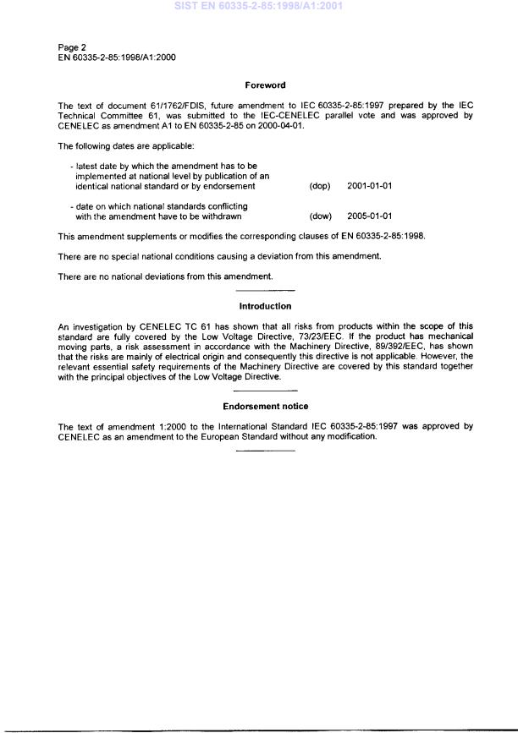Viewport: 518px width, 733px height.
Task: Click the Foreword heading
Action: [x=265, y=85]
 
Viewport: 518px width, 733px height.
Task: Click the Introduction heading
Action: [x=265, y=306]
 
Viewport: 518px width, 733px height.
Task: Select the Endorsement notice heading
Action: [x=265, y=407]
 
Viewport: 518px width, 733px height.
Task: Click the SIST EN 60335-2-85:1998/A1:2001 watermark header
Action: [x=258, y=6]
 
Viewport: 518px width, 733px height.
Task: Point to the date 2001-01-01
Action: [x=370, y=186]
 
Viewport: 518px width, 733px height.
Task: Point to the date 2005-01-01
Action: [x=370, y=216]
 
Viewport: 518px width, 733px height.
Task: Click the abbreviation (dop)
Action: [x=320, y=186]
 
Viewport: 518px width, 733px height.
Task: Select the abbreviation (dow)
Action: [x=320, y=216]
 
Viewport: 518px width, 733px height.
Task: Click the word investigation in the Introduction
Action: [x=96, y=325]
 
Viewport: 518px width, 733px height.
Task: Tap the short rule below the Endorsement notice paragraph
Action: [x=265, y=451]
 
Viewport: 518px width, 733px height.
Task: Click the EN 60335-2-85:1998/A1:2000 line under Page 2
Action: [x=117, y=57]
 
